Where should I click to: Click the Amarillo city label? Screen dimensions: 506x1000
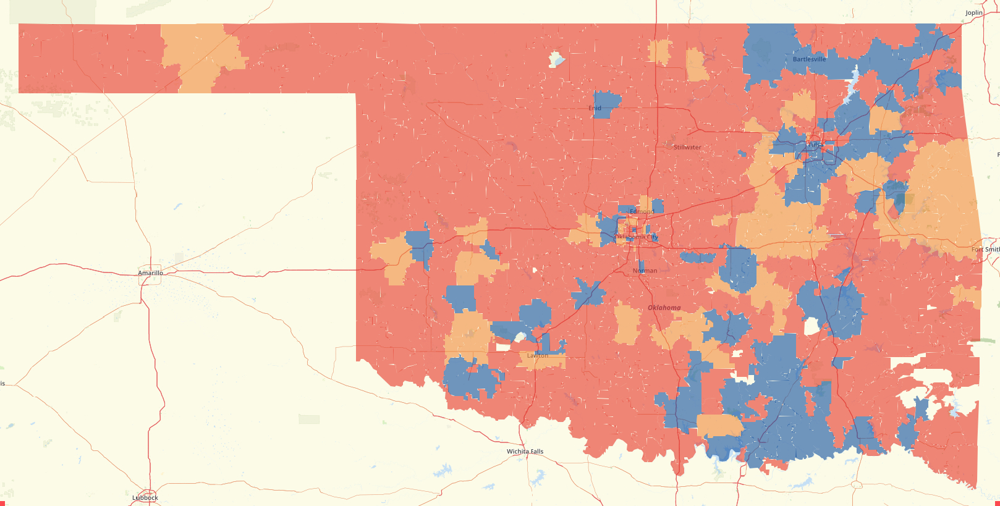point(150,273)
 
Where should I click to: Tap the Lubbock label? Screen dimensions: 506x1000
point(145,497)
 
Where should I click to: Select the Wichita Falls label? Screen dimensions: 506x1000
point(525,452)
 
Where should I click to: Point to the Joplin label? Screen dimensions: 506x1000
point(973,13)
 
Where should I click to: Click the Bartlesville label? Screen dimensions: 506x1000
point(809,59)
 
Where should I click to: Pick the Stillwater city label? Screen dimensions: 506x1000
point(687,148)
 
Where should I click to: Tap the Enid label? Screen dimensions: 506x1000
point(595,108)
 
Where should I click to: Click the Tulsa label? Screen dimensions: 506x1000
point(815,145)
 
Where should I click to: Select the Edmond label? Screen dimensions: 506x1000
point(642,211)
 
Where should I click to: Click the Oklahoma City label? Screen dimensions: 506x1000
point(636,237)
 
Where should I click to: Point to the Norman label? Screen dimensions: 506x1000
point(645,271)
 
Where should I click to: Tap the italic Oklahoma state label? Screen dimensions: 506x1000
point(664,308)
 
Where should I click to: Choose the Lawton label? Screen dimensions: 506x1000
point(537,356)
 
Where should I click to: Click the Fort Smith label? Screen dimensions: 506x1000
point(985,250)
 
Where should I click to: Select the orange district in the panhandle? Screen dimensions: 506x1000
point(201,56)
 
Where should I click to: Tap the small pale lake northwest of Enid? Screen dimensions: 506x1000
point(556,59)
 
